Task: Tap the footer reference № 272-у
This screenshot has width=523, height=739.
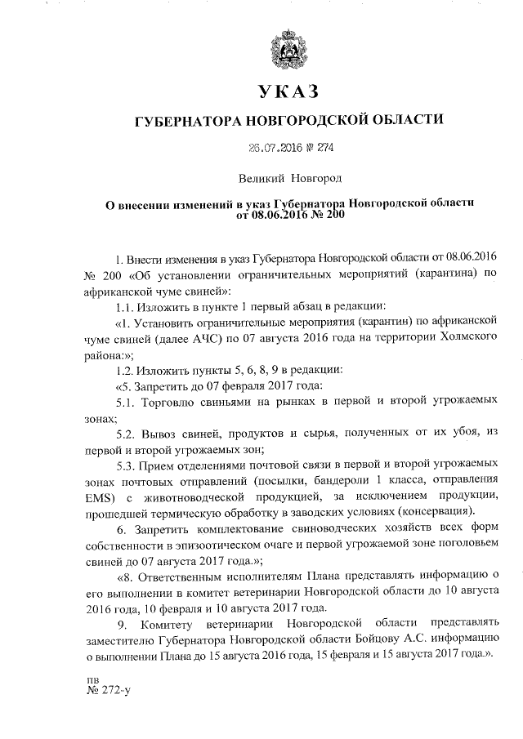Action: pyautogui.click(x=107, y=691)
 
